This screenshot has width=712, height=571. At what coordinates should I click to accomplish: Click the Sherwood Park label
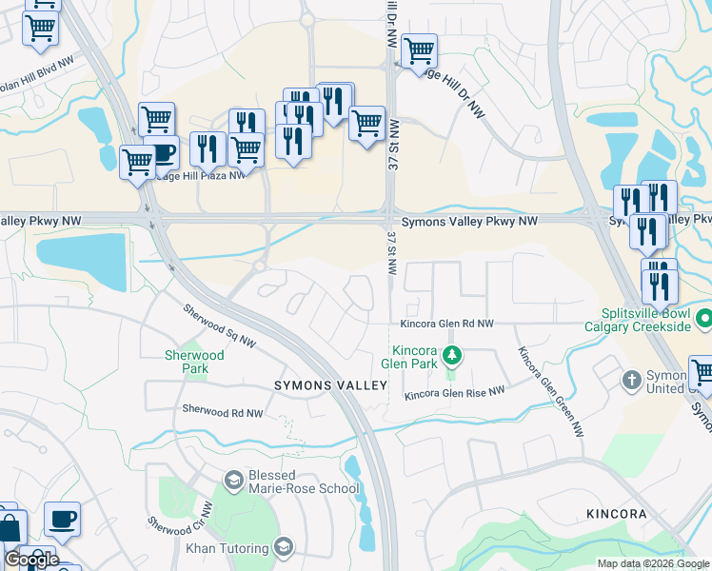(193, 362)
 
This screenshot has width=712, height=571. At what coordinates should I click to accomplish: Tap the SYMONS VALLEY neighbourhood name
(330, 385)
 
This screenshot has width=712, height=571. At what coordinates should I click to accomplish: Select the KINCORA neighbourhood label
(616, 514)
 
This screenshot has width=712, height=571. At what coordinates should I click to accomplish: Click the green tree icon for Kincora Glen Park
(453, 356)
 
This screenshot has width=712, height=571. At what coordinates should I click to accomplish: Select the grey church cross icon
(630, 381)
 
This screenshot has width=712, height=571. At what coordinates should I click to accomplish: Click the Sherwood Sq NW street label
(219, 325)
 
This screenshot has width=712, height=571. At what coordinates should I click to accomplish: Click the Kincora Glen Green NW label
(550, 391)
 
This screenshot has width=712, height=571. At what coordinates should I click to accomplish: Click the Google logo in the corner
(31, 559)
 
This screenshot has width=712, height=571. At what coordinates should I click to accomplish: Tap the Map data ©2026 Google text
(652, 563)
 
